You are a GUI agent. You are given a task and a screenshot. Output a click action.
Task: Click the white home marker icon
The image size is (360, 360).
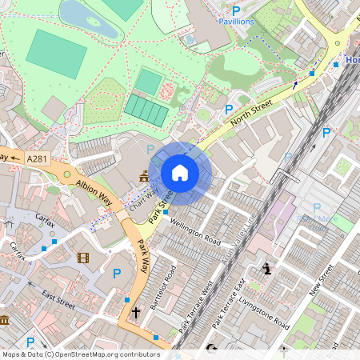point(180,173)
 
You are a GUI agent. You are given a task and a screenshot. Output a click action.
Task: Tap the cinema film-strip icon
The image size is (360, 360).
point(84,258)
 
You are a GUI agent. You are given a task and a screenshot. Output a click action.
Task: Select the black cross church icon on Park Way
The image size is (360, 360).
point(136,312)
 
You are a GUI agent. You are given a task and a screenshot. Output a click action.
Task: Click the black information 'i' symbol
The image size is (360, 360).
point(266,269)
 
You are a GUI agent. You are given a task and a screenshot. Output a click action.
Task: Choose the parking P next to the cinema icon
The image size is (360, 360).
point(117,274)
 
